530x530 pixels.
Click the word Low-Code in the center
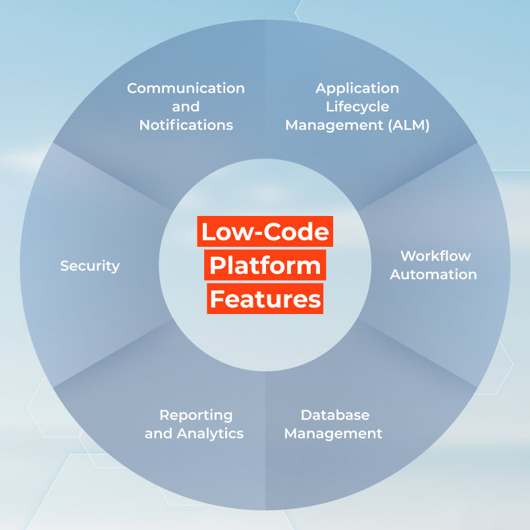click(x=265, y=232)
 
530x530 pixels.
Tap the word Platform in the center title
click(x=265, y=265)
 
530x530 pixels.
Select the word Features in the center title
click(x=265, y=299)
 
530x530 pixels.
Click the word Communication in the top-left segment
click(x=186, y=88)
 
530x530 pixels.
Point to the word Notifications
click(x=186, y=124)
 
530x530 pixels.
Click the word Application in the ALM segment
click(x=357, y=88)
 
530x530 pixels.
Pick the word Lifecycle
click(x=357, y=106)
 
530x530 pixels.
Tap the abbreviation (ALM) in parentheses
click(x=408, y=124)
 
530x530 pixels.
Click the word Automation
click(x=433, y=274)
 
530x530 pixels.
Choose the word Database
click(x=334, y=415)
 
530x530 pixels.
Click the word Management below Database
click(x=333, y=433)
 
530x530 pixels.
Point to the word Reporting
click(x=196, y=415)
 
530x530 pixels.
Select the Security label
click(x=90, y=266)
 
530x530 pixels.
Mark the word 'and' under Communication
click(x=186, y=106)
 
